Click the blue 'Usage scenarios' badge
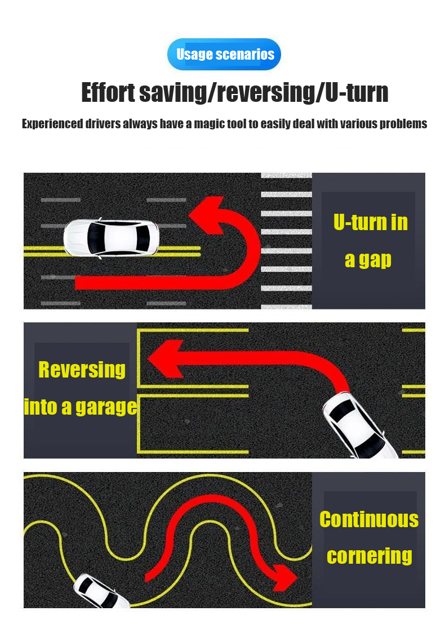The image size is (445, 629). [x=224, y=54]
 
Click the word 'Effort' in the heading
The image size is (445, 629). [x=108, y=92]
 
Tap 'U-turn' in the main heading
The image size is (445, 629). [x=357, y=92]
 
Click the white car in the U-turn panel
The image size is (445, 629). [x=112, y=238]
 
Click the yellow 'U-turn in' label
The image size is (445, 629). [x=370, y=222]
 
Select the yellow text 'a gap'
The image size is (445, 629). [x=368, y=260]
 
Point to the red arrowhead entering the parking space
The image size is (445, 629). [x=166, y=358]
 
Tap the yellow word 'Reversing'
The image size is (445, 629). [x=82, y=370]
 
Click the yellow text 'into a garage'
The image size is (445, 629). [x=81, y=407]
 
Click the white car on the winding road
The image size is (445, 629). [x=101, y=591]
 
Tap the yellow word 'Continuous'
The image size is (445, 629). [x=369, y=519]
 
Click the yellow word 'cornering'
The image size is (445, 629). [x=370, y=556]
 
